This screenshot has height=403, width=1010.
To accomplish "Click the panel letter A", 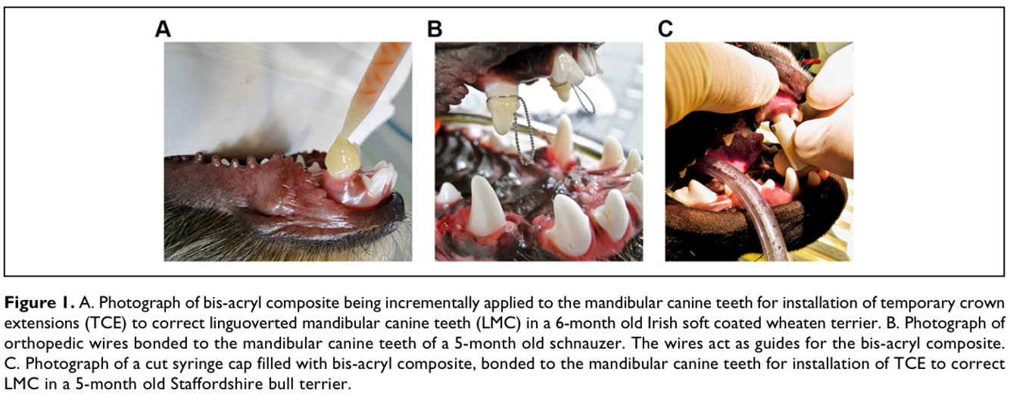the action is tap(163, 29).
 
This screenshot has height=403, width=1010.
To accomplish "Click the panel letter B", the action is tap(435, 29).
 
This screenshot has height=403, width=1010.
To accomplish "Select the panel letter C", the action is tap(665, 29).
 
